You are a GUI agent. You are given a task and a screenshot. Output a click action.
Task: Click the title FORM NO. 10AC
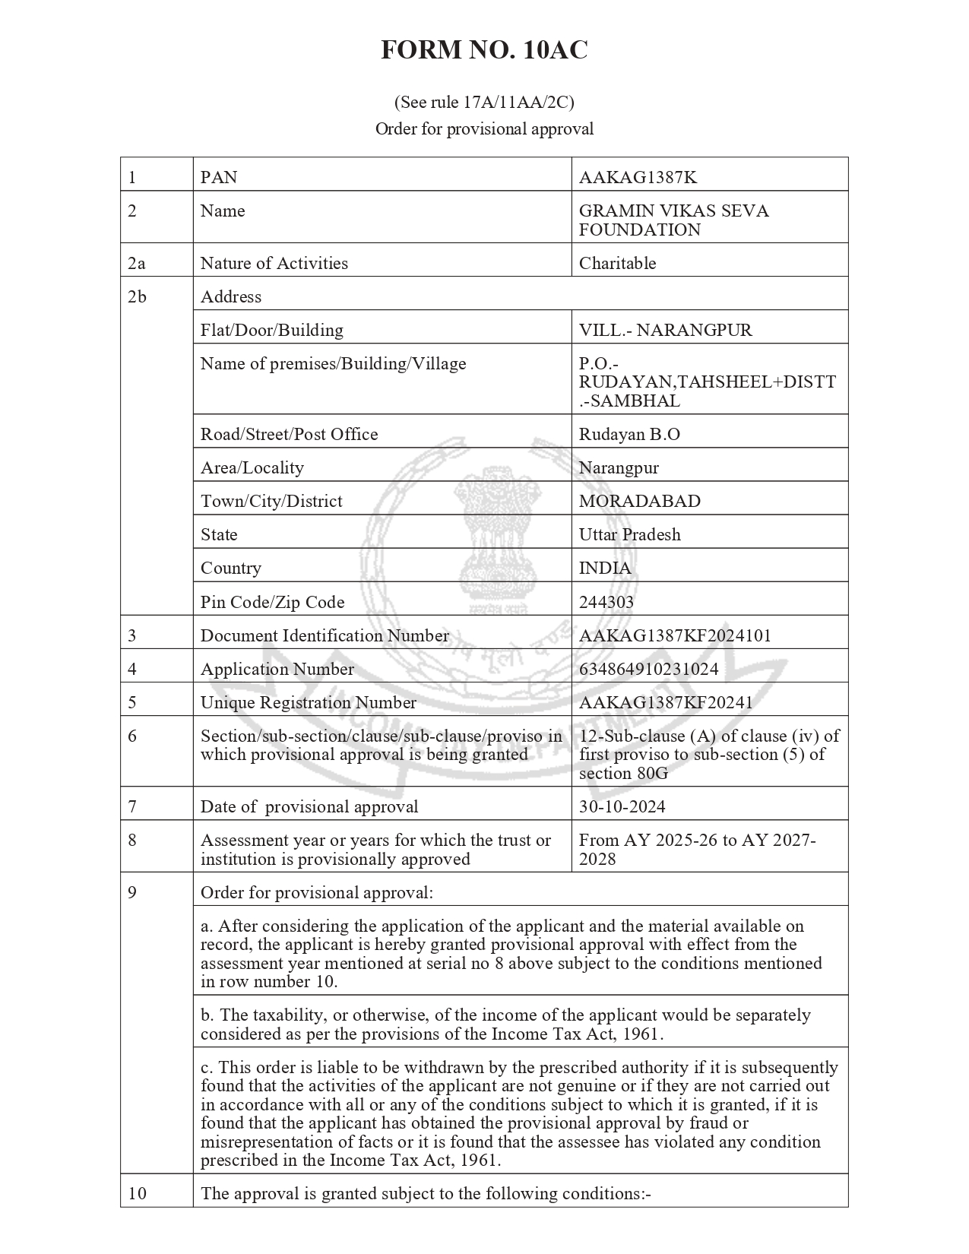tap(484, 50)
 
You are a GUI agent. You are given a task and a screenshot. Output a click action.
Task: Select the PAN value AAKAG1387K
tap(638, 178)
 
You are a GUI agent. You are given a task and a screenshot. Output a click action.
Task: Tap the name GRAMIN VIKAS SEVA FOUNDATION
tap(673, 220)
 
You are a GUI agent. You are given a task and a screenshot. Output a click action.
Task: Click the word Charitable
tap(617, 264)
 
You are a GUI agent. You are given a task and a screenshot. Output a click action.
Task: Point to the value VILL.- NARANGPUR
tap(665, 331)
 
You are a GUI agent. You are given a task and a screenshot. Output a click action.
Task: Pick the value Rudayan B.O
tap(629, 435)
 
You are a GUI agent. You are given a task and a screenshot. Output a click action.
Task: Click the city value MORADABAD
tap(639, 502)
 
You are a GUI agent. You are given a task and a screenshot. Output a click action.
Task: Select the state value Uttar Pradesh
tap(629, 535)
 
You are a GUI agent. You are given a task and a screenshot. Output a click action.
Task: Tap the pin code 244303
tap(606, 603)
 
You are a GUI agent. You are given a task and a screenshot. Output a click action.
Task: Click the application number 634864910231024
tap(648, 670)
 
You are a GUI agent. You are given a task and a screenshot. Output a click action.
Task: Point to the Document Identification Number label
tap(325, 636)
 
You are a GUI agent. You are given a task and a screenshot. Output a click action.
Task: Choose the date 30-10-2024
tap(622, 807)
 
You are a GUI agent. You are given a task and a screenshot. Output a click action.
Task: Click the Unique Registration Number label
tap(308, 703)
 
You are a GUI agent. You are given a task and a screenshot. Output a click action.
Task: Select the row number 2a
tap(136, 264)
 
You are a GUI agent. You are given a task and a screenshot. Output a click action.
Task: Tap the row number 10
tap(137, 1193)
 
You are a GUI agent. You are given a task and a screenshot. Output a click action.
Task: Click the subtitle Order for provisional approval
tap(484, 129)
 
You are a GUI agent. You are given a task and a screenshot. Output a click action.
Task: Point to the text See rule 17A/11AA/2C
tap(484, 102)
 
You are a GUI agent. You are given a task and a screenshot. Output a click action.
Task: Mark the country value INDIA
tap(605, 568)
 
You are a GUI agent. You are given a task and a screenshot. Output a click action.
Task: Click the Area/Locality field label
tap(252, 468)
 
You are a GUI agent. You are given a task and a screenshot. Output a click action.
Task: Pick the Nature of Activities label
tap(274, 264)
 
